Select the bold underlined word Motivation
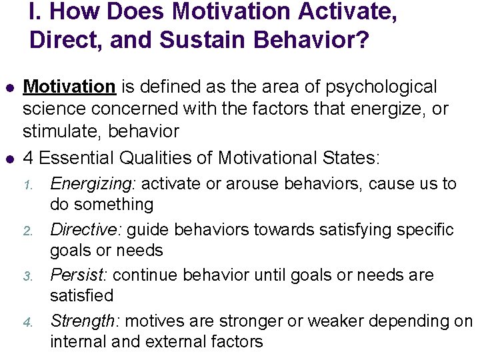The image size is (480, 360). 69,87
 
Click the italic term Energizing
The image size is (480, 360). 93,183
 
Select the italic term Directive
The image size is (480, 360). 85,230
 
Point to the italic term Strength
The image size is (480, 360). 84,321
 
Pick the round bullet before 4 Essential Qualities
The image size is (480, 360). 9,159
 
